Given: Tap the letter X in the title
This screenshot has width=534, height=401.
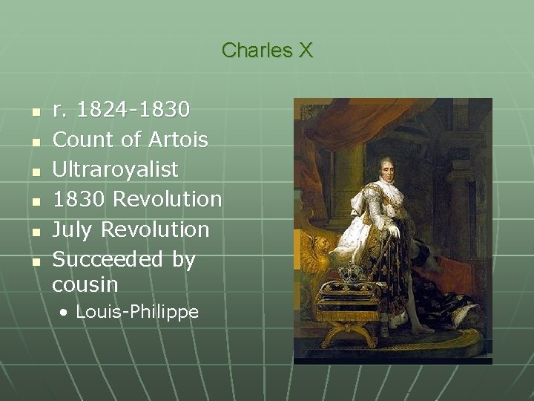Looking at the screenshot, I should (x=305, y=50).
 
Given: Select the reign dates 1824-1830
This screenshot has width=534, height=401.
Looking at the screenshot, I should (x=133, y=110).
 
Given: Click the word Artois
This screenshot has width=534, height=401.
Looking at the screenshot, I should (x=178, y=140).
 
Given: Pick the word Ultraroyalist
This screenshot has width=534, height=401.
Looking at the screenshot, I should (x=116, y=169).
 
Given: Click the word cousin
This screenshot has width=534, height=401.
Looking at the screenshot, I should (x=85, y=284).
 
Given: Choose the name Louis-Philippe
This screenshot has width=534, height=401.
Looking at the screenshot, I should (x=137, y=312).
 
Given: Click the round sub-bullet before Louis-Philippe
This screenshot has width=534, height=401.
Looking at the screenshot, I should (x=66, y=313).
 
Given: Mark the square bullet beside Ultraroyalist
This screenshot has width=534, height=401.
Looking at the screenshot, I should (x=34, y=172).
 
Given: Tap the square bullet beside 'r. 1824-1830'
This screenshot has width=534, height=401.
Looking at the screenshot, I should (x=34, y=112).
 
